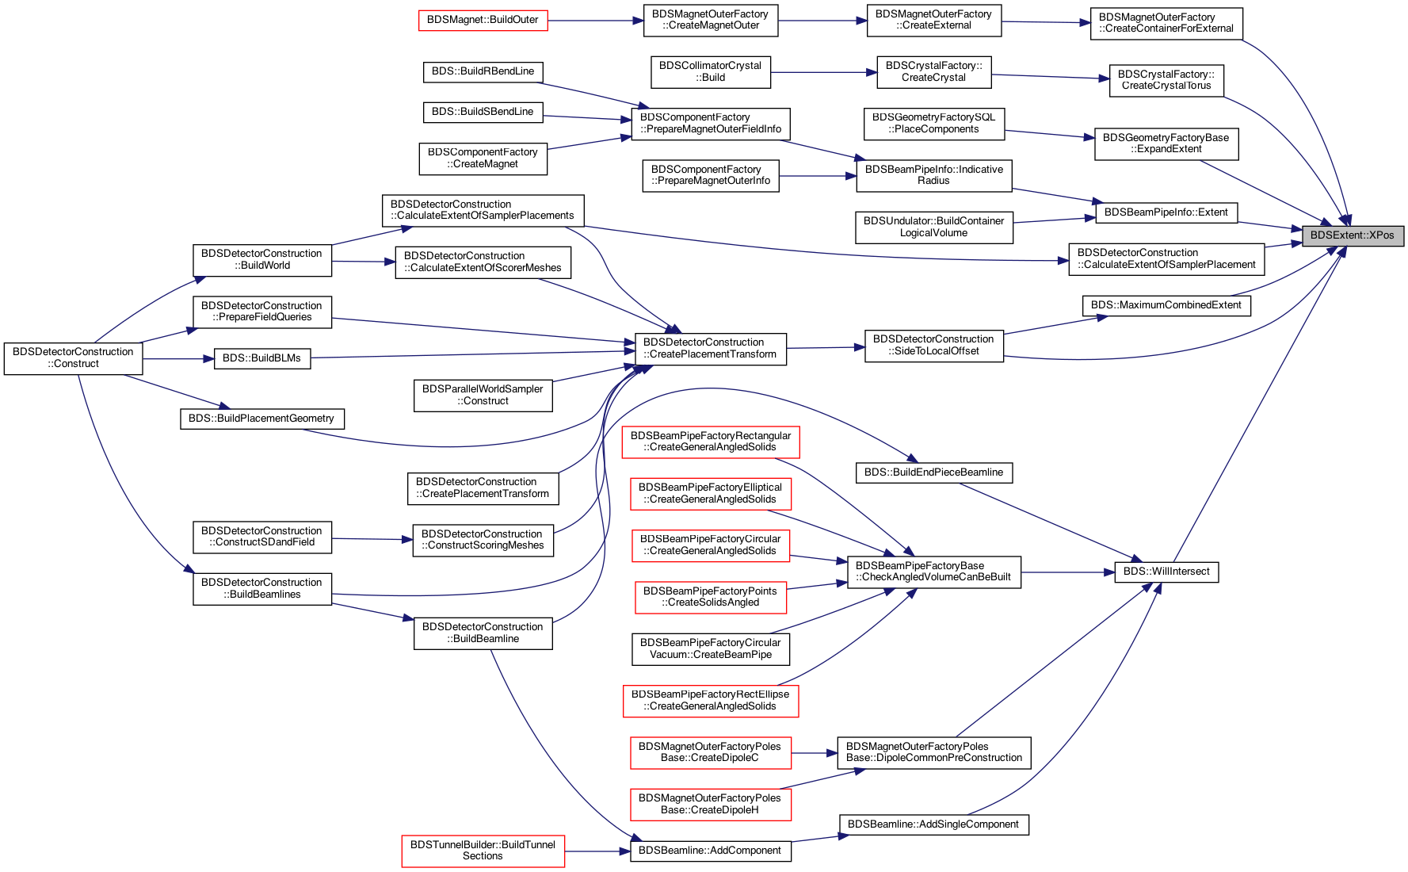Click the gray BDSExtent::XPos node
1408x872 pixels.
tap(1353, 235)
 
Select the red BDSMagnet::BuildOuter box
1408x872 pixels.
tap(483, 20)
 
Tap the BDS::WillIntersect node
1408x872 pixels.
tap(1166, 572)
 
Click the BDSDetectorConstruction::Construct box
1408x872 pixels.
tap(73, 358)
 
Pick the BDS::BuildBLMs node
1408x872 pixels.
tap(262, 358)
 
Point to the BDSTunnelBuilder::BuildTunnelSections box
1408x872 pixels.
tap(483, 851)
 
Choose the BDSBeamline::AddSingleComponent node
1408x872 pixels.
tap(933, 824)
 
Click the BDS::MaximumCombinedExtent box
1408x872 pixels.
tap(1166, 305)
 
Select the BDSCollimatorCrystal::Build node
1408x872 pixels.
tap(710, 71)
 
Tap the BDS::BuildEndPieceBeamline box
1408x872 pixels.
tap(933, 472)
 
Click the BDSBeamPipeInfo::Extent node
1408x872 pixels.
tap(1166, 212)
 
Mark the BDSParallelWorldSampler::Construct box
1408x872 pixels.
tap(483, 395)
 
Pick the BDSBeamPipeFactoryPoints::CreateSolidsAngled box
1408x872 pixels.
tap(711, 597)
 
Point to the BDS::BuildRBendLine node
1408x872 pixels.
tap(483, 71)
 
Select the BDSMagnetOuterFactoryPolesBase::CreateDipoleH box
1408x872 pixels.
tap(710, 804)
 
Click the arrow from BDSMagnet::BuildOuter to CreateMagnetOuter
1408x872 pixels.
tap(595, 21)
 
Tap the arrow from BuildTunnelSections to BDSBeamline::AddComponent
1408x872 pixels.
tap(597, 851)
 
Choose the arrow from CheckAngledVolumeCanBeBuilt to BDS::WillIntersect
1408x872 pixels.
tap(1067, 572)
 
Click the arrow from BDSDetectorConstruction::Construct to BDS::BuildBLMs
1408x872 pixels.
tap(178, 359)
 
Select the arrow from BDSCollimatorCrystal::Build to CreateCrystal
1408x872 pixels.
tap(823, 72)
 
